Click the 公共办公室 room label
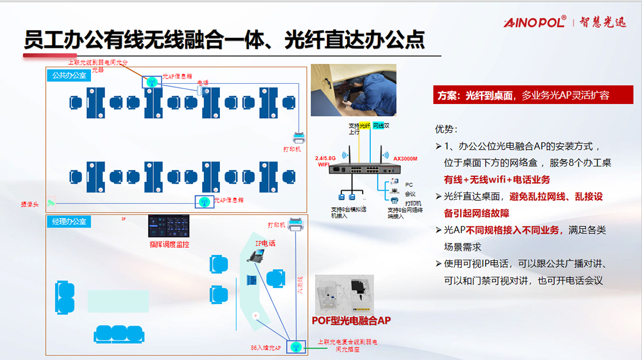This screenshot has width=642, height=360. pyautogui.click(x=69, y=75)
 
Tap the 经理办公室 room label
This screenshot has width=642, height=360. pyautogui.click(x=69, y=222)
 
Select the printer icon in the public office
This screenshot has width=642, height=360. pyautogui.click(x=299, y=137)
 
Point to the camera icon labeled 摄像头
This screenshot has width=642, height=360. pyautogui.click(x=51, y=203)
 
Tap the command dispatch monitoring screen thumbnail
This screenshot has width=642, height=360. pyautogui.click(x=169, y=226)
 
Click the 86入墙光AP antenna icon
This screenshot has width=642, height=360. pyautogui.click(x=296, y=346)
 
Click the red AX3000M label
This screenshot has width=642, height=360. pyautogui.click(x=405, y=159)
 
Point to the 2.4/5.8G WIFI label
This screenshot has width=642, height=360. pyautogui.click(x=326, y=161)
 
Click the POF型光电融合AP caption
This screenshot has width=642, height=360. pyautogui.click(x=351, y=320)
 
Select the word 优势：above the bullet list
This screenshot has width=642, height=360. pyautogui.click(x=447, y=129)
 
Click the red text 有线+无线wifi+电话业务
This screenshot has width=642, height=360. pyautogui.click(x=497, y=179)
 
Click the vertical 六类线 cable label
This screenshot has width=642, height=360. pyautogui.click(x=300, y=285)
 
